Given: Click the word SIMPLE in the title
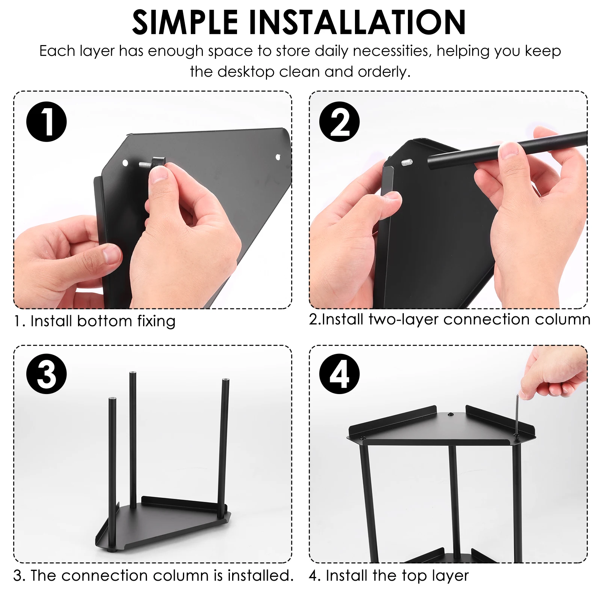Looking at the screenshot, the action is point(185,22).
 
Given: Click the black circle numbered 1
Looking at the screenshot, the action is point(47,122).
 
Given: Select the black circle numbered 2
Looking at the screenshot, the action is point(340,122).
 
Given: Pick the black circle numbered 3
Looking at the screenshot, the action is point(47,374).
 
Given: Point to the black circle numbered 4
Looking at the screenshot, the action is point(340,374).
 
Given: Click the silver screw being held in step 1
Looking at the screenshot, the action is point(145,164).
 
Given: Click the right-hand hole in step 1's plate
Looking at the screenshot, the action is point(278,157).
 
